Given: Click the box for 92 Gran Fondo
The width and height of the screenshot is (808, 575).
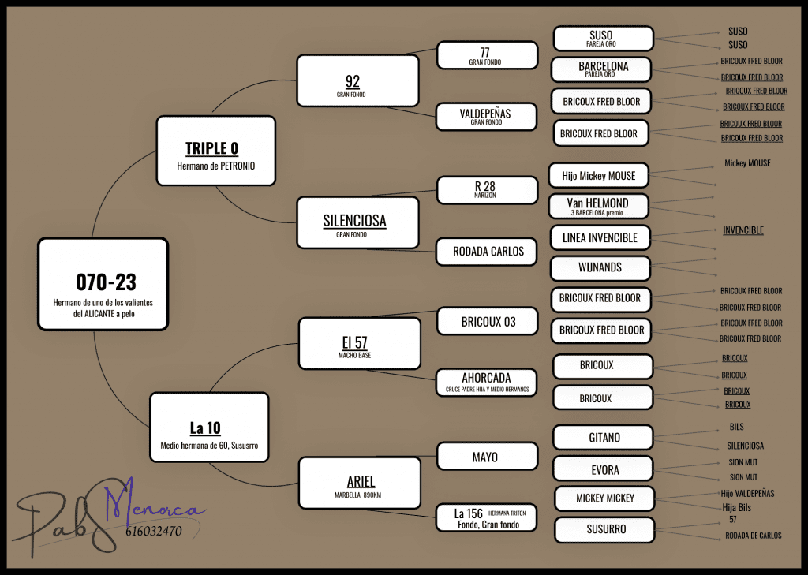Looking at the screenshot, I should click(357, 80).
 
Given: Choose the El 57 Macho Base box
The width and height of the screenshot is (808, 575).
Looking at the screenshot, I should click(359, 343).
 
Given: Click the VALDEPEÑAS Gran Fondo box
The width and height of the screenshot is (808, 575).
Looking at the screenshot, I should click(486, 117).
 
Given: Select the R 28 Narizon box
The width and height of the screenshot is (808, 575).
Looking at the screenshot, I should click(486, 189).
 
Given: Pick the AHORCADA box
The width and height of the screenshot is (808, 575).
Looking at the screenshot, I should click(486, 383).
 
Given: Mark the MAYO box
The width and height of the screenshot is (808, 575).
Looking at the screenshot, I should click(486, 457).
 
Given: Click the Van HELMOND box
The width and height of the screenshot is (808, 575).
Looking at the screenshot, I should click(598, 206).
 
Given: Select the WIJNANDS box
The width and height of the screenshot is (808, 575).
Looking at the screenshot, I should click(600, 267).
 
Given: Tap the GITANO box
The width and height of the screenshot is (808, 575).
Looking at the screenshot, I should click(604, 438).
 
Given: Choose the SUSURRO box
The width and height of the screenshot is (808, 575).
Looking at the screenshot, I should click(605, 530).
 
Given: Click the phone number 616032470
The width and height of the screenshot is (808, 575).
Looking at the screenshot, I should click(153, 532).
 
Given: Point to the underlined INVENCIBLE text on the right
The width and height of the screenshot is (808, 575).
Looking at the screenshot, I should click(743, 230).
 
